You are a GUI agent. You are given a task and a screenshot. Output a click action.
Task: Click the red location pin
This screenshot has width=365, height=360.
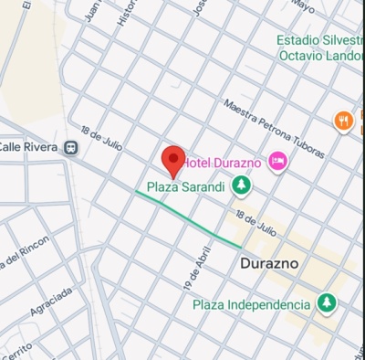pos(173,161)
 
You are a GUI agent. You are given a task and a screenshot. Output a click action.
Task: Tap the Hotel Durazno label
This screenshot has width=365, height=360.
pos(224,163)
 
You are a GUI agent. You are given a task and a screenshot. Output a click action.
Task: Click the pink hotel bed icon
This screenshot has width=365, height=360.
pos(278,162)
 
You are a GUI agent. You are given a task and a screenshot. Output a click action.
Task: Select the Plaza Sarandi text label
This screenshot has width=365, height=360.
pos(185,186)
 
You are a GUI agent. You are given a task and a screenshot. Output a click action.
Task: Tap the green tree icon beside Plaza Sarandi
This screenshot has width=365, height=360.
pos(241,186)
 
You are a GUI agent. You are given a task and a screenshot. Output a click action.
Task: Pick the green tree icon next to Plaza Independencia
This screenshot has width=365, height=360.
pos(326,302)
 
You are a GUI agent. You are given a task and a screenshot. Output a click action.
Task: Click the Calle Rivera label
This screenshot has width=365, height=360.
pos(27,146)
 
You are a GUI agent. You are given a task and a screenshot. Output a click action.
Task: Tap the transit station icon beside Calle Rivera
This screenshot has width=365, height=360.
pos(70,146)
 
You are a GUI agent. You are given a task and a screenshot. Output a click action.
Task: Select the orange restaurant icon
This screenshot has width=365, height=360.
pos(343,120)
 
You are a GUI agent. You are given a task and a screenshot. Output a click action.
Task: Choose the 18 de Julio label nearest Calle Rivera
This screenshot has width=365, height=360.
pos(100,137)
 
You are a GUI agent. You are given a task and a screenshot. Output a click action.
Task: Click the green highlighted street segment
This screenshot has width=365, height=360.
pos(188,218)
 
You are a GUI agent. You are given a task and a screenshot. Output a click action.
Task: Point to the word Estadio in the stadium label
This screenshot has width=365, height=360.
pos(302,40)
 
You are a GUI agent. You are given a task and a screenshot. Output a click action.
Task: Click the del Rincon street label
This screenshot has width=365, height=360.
pos(22,255)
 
